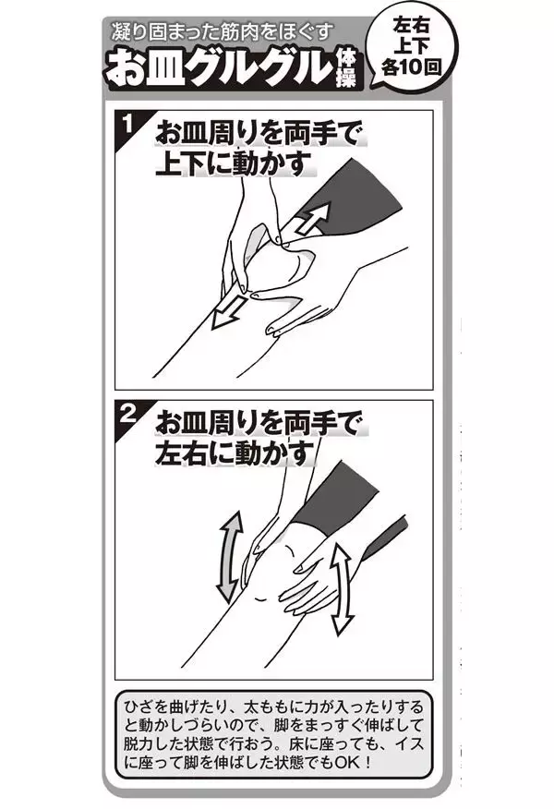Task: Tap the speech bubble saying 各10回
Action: click(411, 46)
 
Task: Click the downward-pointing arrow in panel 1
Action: click(229, 311)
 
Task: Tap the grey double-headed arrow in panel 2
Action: click(229, 557)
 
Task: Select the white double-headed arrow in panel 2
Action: click(341, 588)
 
